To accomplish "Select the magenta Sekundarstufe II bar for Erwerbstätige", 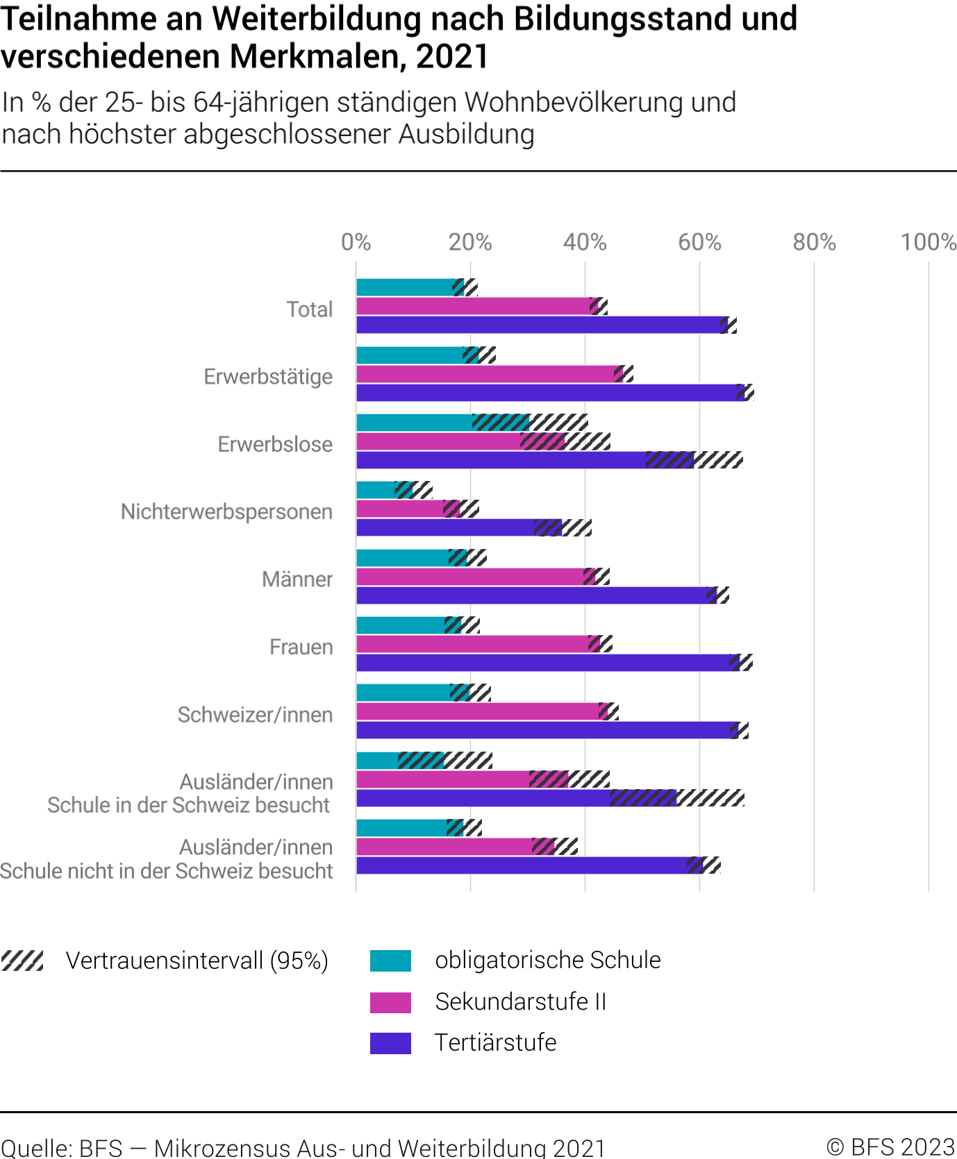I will point(486,374).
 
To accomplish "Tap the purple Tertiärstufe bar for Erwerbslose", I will point(500,460).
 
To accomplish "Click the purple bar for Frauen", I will point(542,663).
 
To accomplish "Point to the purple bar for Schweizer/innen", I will point(542,730).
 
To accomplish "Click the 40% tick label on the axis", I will point(585,242).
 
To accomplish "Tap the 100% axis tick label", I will point(928,242).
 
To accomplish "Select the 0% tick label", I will point(356,242).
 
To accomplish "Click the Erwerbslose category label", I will point(275,444).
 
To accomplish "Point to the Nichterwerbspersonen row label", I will point(226,511).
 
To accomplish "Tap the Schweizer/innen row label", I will point(255,714).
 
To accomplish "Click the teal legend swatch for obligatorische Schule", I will point(390,961).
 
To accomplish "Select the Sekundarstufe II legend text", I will point(520,1001).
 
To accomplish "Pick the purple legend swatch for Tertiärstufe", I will point(390,1043).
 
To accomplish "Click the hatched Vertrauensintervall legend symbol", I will point(22,961).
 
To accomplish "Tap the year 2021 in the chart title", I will point(453,56).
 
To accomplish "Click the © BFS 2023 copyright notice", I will point(890,1147).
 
